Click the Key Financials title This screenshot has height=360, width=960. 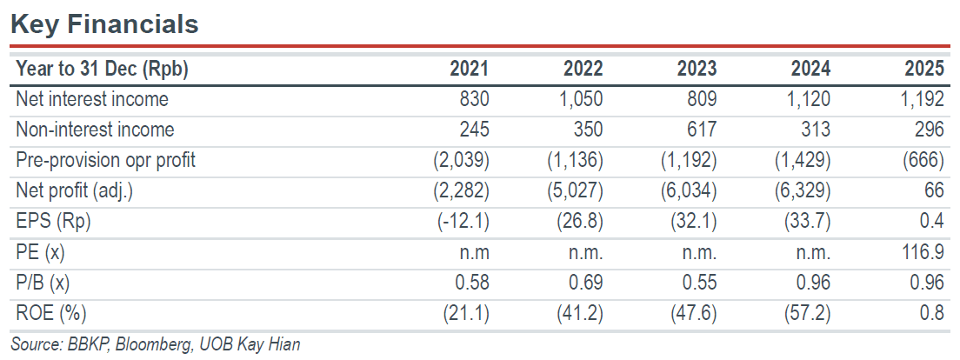pyautogui.click(x=104, y=23)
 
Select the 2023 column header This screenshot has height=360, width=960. pyautogui.click(x=697, y=70)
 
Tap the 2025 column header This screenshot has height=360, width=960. pyautogui.click(x=924, y=70)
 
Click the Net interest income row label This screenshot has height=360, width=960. pyautogui.click(x=92, y=98)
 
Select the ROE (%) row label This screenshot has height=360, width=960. pyautogui.click(x=50, y=313)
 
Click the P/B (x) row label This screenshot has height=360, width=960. pyautogui.click(x=47, y=283)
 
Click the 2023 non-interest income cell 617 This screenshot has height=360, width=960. pyautogui.click(x=701, y=130)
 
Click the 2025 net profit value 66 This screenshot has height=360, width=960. pyautogui.click(x=935, y=191)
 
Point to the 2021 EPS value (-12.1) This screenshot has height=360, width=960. pyautogui.click(x=460, y=222)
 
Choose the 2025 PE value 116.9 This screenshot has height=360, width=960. pyautogui.click(x=923, y=252)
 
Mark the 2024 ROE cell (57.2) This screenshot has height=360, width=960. pyautogui.click(x=806, y=313)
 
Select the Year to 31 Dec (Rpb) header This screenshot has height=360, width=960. pyautogui.click(x=102, y=70)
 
